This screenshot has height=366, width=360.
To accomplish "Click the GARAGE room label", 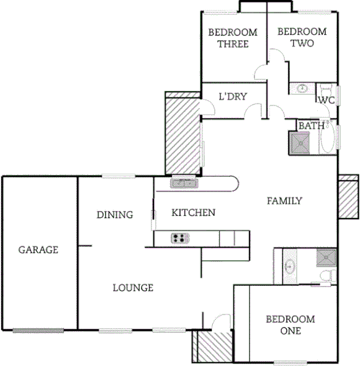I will click(38, 250).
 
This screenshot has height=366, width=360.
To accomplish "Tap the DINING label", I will click(115, 215).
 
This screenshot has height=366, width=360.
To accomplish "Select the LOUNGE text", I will click(133, 288).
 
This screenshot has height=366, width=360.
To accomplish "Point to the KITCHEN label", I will click(193, 213).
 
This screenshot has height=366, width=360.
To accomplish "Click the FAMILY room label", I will click(284, 200).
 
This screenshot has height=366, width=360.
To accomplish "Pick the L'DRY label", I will click(233, 96).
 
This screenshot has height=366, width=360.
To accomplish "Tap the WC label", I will click(326, 100).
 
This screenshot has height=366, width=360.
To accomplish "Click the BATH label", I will click(312, 126).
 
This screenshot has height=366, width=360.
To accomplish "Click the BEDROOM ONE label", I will click(290, 325).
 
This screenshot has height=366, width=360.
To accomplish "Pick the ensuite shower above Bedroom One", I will click(325, 257).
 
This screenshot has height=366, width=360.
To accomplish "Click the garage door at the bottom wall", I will click(38, 330).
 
